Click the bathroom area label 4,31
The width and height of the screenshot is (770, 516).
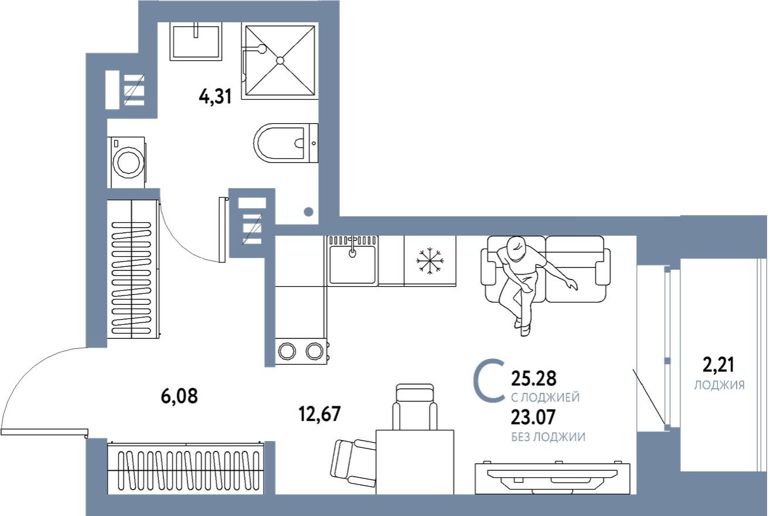(215, 96)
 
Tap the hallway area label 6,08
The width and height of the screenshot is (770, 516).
(179, 396)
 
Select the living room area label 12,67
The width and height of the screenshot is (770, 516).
(319, 415)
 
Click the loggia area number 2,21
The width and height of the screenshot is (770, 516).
(718, 366)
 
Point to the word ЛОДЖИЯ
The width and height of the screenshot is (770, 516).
(719, 385)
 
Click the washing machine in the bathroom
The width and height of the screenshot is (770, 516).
(127, 162)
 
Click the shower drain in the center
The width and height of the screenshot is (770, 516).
(280, 60)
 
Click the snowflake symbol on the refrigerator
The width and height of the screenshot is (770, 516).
(430, 260)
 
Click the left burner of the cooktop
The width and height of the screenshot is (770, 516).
(287, 351)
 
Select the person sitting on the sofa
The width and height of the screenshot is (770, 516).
(522, 276)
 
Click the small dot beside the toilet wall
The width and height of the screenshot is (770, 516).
(309, 212)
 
